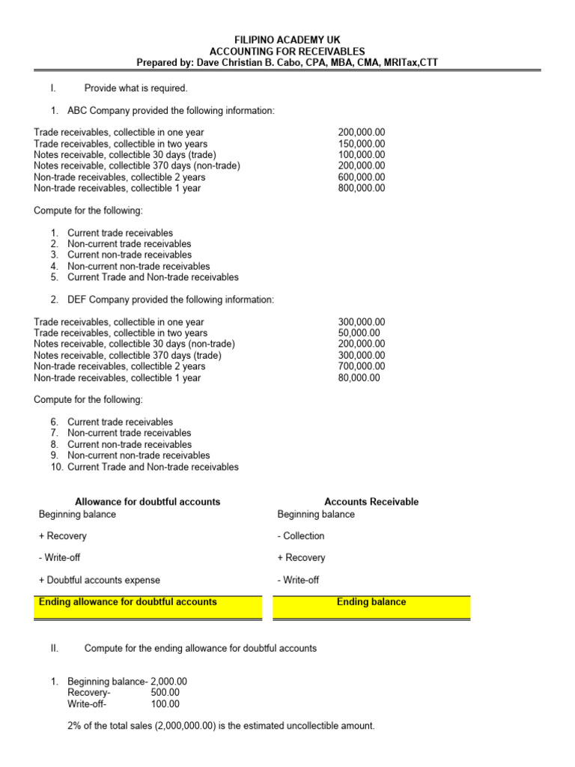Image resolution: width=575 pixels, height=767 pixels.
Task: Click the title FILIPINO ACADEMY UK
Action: [x=287, y=38]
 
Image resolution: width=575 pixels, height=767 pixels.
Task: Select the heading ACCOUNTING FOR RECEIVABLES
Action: [x=287, y=50]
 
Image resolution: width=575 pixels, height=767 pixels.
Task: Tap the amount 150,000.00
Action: [x=362, y=144]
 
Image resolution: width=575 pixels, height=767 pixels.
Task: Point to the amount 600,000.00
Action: [x=362, y=178]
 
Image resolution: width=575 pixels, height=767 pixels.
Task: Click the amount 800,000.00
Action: [x=362, y=189]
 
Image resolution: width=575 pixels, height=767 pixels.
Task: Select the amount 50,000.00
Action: [x=359, y=333]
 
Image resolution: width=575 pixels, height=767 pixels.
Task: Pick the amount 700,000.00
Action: [x=362, y=367]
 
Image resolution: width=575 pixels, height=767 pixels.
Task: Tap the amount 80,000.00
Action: [x=359, y=378]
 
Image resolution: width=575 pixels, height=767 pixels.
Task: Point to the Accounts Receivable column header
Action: [x=371, y=502]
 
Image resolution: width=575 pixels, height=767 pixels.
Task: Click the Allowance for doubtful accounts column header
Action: [x=147, y=502]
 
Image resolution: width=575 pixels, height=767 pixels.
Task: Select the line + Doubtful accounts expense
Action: [x=100, y=580]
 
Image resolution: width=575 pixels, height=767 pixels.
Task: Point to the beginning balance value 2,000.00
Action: [x=168, y=682]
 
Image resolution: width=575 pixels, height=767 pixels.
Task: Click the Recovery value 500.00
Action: [x=165, y=693]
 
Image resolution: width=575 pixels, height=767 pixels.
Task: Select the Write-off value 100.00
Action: [x=165, y=704]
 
